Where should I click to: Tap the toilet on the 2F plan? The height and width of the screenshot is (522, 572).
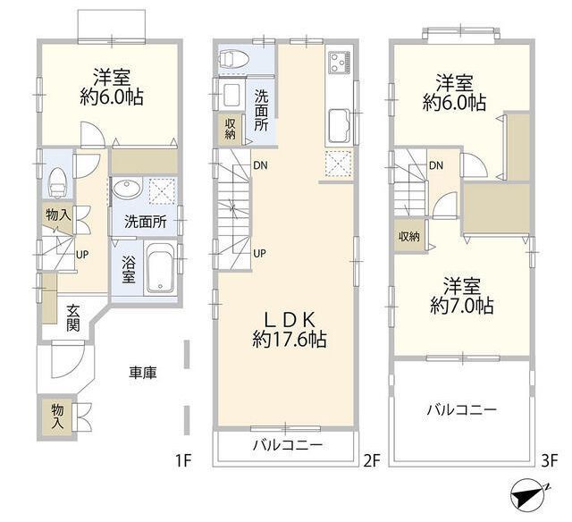[234, 59]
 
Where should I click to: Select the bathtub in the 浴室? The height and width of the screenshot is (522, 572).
[160, 267]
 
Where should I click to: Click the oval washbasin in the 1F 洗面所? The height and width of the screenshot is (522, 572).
[127, 189]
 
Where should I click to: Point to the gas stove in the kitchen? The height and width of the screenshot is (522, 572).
[340, 62]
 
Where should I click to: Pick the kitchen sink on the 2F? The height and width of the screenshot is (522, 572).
[340, 126]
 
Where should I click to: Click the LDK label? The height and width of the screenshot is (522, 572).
[290, 320]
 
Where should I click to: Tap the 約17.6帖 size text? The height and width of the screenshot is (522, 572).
[290, 340]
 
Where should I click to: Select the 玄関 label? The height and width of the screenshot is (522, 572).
[73, 317]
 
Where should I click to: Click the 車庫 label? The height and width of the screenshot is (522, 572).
[143, 373]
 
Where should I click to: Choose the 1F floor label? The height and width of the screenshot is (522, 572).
[183, 461]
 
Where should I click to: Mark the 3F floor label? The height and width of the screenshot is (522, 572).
[550, 461]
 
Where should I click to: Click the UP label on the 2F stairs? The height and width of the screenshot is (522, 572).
[259, 253]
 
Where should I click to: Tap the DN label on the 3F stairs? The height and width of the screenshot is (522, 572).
[436, 166]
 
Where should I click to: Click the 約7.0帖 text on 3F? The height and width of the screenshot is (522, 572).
[462, 306]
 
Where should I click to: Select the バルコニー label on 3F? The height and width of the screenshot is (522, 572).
[462, 410]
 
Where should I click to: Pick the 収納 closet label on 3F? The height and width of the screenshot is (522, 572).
[408, 237]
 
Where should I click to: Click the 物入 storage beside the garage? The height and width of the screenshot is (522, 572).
[57, 417]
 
